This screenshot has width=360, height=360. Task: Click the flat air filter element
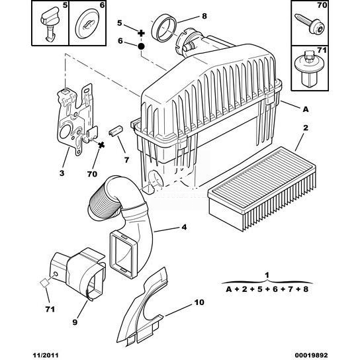262,188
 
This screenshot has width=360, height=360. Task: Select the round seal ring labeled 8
164,28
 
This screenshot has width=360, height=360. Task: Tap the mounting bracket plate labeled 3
75,119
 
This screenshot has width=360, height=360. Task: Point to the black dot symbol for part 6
141,46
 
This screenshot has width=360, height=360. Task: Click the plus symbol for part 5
141,33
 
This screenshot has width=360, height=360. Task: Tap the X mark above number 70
101,145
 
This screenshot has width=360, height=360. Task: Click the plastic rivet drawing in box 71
308,69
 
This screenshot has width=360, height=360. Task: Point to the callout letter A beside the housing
306,109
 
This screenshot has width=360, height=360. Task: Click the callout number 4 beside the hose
184,227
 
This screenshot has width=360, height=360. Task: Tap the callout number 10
199,302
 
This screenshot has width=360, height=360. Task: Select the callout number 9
75,322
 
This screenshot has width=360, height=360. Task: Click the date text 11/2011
46,355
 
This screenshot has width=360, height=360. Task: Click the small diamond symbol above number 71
44,283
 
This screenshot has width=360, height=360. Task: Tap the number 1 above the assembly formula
267,275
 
